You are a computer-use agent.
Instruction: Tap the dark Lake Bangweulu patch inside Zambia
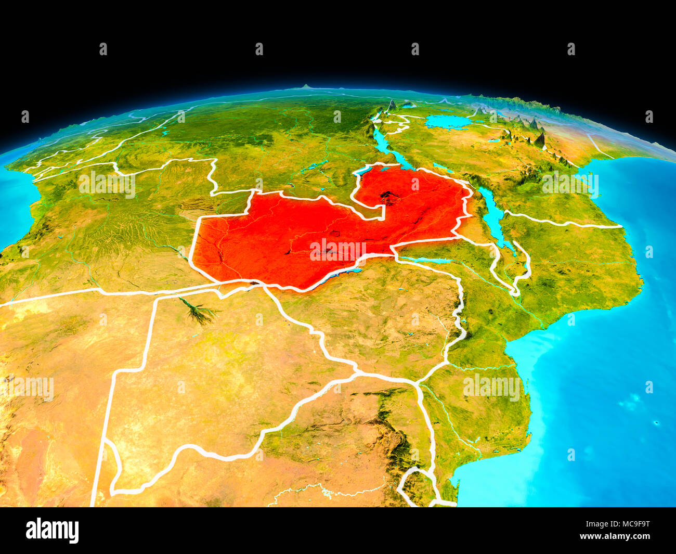click(x=387, y=196)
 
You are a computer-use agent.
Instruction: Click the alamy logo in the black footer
click(x=52, y=530)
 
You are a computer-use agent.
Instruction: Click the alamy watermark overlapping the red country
click(x=338, y=250)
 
